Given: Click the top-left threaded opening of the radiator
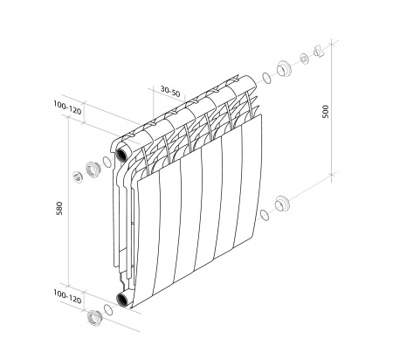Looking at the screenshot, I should pos(124,149).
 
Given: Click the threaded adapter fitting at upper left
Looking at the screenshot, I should pos(93,167).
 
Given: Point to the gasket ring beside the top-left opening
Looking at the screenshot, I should pos(107,160).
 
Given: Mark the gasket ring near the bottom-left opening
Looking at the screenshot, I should pos(108,308).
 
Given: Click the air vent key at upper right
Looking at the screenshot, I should pos(315,50).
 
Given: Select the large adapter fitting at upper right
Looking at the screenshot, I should pos(284,67).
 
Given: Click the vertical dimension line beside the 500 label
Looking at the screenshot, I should pos(332,114).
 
